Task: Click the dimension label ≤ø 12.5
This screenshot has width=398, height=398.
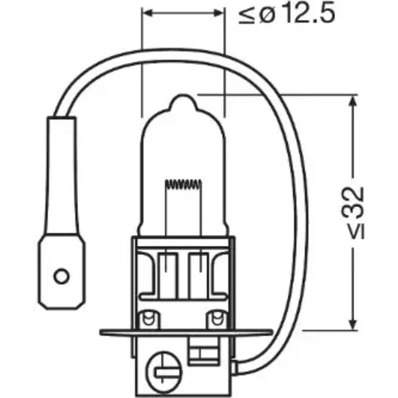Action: (x=287, y=14)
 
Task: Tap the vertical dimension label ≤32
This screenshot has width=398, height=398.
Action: (x=356, y=213)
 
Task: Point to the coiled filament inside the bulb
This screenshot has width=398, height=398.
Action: (x=183, y=185)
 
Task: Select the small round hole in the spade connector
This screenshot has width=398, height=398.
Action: (x=61, y=277)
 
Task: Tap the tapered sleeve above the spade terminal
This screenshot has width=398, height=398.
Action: (x=63, y=175)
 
